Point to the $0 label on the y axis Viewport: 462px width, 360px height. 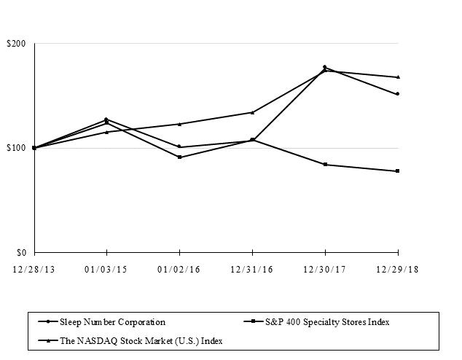coord(20,252)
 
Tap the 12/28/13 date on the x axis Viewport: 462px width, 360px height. coord(34,269)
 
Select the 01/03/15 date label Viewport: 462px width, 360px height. coord(106,269)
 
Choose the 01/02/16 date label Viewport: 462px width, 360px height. coord(179,269)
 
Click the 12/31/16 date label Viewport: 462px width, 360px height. coord(252,269)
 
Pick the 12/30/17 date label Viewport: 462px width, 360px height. coord(324,269)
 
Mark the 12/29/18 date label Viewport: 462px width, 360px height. coord(397,269)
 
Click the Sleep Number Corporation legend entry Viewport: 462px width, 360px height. coord(113,321)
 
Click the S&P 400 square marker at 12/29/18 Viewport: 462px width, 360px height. coord(397,171)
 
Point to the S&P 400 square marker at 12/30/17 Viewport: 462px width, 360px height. coord(325,165)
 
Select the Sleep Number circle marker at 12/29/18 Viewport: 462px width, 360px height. coord(397,94)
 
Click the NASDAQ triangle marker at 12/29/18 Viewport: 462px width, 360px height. coord(397,77)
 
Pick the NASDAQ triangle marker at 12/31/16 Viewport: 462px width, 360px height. coord(252,112)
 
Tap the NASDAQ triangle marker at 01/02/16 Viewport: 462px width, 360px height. coord(179,124)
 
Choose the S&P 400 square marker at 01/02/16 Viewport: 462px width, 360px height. coord(179,157)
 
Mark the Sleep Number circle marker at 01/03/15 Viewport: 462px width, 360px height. coord(106,119)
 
